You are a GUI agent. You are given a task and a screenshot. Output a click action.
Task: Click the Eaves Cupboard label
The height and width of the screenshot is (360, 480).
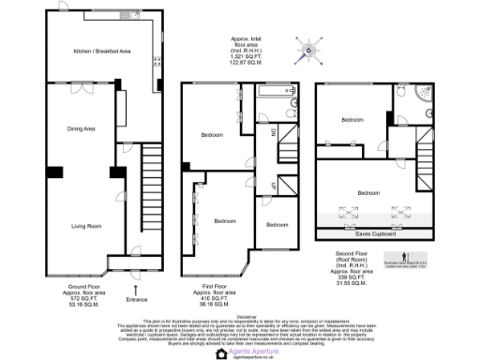pos(375,234)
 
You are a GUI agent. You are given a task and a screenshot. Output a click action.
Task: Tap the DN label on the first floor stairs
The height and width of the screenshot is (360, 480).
pos(274,134)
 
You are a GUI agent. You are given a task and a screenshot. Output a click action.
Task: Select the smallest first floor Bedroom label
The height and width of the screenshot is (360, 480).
pos(277,226)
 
